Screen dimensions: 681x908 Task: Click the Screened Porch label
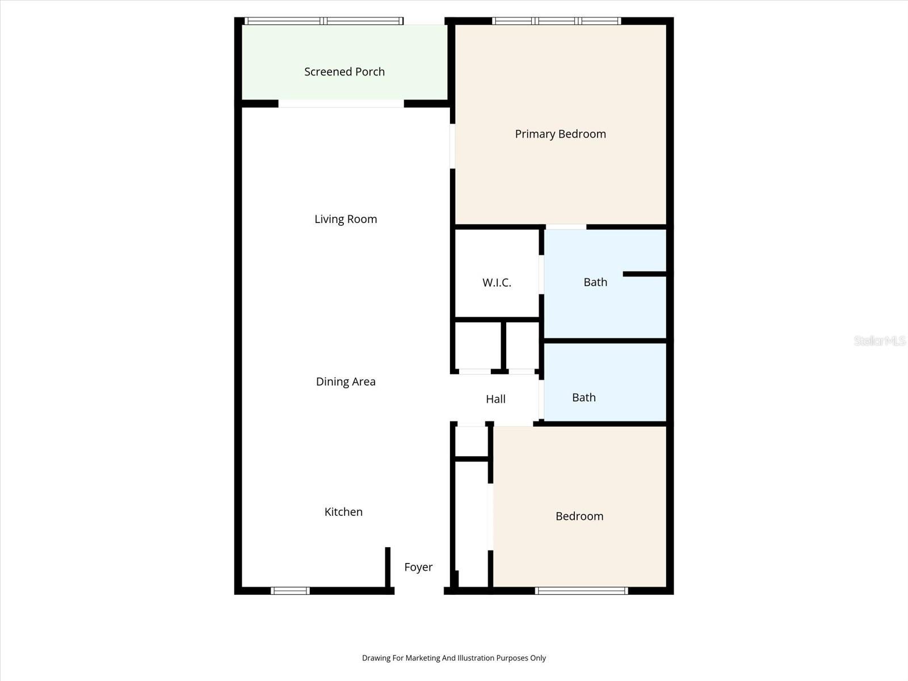(344, 72)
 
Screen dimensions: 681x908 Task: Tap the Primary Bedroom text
(560, 134)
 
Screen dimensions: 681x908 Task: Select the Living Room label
(346, 219)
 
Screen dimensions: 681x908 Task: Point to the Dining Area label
(346, 381)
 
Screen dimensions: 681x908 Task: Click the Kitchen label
(343, 512)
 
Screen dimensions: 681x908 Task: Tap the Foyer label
(418, 567)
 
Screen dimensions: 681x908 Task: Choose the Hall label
(495, 399)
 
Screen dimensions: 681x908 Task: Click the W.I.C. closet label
(497, 282)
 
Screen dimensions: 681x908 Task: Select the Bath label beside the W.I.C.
(595, 282)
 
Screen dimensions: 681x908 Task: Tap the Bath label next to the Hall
(583, 397)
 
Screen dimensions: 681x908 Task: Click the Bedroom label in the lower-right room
(579, 516)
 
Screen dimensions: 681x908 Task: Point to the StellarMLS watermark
(879, 340)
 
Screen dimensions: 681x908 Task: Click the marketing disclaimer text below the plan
(454, 658)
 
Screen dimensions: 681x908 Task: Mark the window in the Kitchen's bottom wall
(290, 591)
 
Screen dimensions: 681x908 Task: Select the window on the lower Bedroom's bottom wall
(582, 591)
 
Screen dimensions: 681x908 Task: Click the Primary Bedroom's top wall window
(556, 21)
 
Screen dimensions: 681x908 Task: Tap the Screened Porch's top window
(323, 21)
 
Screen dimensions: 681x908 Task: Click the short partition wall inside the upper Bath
(644, 274)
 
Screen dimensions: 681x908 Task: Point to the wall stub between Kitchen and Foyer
(388, 567)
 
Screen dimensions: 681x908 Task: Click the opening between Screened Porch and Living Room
(341, 104)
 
